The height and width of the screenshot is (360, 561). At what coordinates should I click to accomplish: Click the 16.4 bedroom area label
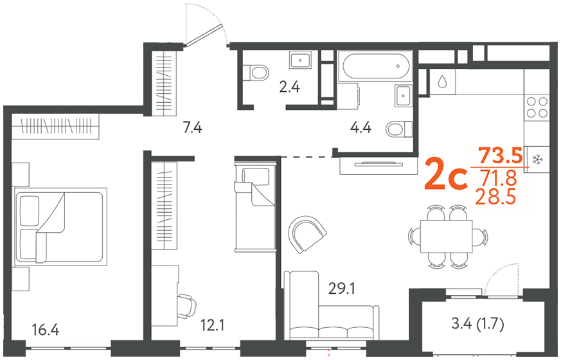pos(46,330)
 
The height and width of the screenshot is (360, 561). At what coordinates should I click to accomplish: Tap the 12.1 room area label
pos(212,326)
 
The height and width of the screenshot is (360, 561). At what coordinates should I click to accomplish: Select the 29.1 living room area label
pos(342,288)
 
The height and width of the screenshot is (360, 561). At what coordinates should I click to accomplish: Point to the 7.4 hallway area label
pos(193,127)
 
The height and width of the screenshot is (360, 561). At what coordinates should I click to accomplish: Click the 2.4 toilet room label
pos(289,87)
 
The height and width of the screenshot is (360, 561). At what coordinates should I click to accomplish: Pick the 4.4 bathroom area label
pos(361,127)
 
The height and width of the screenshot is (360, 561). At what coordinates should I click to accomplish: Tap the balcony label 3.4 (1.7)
pos(477,324)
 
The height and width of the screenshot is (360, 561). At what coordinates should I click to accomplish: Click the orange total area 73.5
pos(501,156)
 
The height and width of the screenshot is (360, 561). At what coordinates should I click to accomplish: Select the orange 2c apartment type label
pos(446,175)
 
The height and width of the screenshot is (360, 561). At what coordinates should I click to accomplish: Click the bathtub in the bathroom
pos(375,66)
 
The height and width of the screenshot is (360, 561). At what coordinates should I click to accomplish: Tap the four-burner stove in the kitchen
pos(537,108)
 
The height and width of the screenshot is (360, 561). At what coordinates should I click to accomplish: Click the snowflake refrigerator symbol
pos(537,159)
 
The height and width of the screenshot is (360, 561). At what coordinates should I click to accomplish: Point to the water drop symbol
pos(442,82)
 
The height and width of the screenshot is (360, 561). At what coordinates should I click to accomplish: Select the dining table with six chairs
pos(449,237)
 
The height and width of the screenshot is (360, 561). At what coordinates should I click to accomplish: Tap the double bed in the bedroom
pos(61,227)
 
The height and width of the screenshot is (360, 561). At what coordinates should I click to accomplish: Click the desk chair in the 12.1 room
pos(186,305)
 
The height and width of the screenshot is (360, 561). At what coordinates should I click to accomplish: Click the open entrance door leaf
pos(204,35)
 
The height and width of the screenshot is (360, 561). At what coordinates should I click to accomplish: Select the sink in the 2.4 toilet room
pos(301,60)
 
